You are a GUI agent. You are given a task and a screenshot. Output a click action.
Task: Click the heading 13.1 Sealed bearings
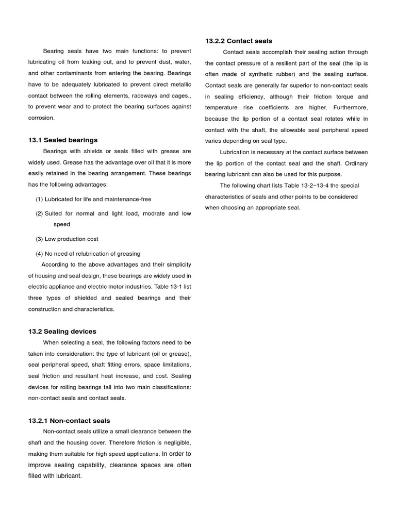coord(63,140)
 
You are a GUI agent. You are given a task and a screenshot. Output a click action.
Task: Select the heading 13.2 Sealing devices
coord(62,331)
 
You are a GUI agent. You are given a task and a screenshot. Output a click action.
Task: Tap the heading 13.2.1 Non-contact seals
coord(69,421)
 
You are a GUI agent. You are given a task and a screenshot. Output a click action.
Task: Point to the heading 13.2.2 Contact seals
coord(239,41)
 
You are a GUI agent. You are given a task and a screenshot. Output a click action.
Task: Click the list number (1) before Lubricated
coord(39,199)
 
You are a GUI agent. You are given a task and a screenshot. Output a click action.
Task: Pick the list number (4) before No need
coord(39,254)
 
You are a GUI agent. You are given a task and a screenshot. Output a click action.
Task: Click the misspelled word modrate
coord(151,213)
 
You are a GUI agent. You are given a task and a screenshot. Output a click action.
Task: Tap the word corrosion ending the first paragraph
coord(41,118)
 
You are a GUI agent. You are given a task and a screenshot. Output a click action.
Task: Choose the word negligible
coord(176,443)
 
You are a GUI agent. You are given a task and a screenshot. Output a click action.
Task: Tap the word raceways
coord(142,95)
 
